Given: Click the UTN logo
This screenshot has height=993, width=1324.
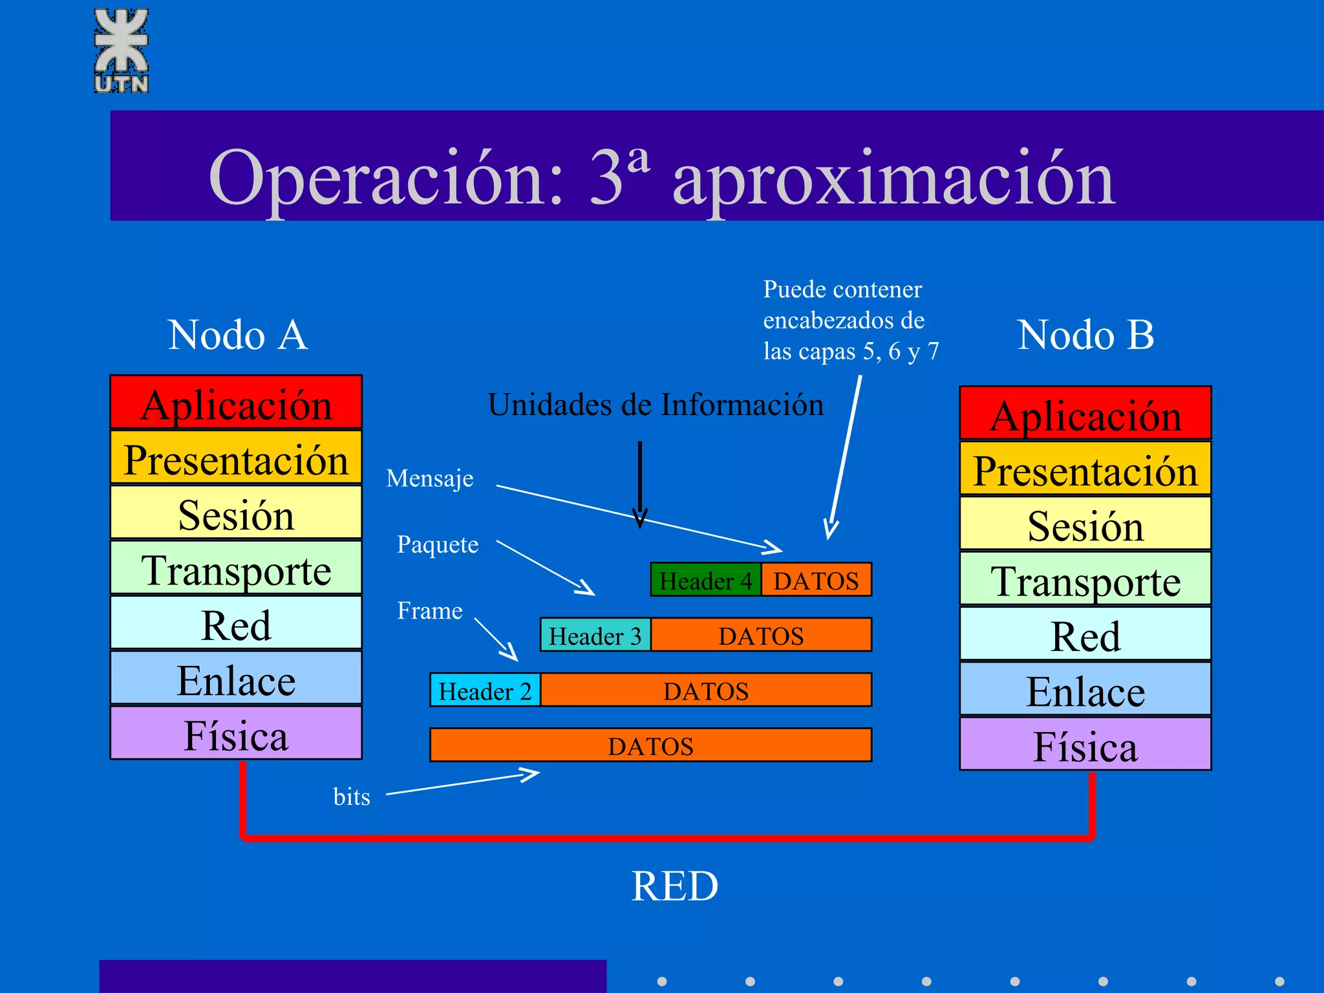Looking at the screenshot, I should click(122, 50).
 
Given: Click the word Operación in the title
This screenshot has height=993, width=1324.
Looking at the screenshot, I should click(385, 178).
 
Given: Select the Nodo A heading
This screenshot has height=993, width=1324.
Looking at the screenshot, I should click(237, 335).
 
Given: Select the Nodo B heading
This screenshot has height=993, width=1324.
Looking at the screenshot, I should click(1085, 335).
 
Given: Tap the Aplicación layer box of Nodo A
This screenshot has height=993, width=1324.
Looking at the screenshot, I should click(236, 402).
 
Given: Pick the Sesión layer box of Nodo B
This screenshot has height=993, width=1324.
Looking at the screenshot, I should click(1085, 524).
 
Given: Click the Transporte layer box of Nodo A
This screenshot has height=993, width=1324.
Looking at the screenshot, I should click(236, 568).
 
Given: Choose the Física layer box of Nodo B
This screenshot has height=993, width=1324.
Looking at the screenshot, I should click(1085, 744).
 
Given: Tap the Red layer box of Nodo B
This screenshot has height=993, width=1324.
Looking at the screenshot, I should click(1085, 634).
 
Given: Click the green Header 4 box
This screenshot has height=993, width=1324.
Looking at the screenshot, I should click(705, 580).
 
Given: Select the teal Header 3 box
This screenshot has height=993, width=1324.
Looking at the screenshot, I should click(595, 635).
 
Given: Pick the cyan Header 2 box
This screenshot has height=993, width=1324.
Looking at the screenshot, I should click(485, 690).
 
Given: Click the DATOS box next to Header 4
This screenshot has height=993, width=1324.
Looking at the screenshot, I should click(816, 580).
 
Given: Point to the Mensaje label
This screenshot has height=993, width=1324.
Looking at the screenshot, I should click(429, 479).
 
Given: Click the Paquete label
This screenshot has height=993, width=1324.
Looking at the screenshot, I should click(438, 544).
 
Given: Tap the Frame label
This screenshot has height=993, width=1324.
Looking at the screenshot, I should click(429, 610).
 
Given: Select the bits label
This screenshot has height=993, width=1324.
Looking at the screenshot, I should click(352, 796).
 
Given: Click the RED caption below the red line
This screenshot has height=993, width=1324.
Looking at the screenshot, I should click(674, 886).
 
